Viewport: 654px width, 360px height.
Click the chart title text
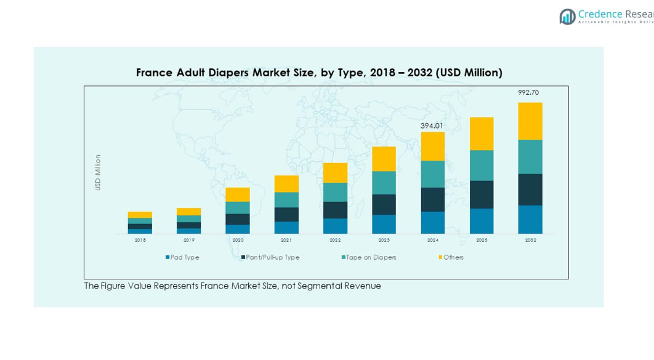click(319, 73)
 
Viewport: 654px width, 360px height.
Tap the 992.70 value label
click(528, 92)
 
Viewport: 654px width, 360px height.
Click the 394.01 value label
click(432, 126)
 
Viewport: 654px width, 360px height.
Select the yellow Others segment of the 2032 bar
click(530, 121)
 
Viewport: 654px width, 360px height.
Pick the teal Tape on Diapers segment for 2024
click(433, 174)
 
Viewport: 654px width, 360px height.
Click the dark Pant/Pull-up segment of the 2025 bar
click(482, 194)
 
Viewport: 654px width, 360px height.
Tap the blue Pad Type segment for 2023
click(384, 224)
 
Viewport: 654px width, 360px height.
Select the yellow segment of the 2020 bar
click(238, 194)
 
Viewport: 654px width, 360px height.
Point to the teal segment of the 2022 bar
click(335, 192)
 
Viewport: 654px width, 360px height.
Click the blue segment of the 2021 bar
click(286, 227)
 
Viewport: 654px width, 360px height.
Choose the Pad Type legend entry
click(182, 257)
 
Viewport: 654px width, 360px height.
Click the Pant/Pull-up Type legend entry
click(271, 257)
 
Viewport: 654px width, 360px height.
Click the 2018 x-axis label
click(140, 240)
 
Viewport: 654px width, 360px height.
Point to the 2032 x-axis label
click(530, 240)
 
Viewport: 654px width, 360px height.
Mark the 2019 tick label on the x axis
click(189, 240)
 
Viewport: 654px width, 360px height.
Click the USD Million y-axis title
click(97, 172)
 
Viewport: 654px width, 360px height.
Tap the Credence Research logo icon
click(567, 17)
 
